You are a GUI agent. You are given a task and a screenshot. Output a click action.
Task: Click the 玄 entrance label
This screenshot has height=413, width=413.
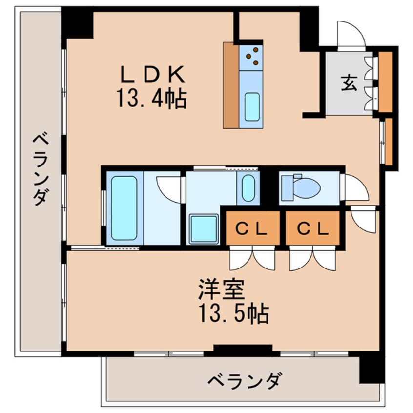click(x=349, y=83)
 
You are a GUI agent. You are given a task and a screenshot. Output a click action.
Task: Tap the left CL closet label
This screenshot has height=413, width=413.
click(x=252, y=228)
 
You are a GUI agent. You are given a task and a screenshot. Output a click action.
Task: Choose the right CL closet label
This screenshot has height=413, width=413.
click(x=312, y=228)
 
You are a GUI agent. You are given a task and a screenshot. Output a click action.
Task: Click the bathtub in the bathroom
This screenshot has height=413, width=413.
click(x=124, y=207)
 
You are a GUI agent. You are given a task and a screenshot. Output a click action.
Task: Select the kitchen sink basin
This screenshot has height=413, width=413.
click(x=252, y=106)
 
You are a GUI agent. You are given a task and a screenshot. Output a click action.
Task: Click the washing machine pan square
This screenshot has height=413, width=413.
click(x=204, y=228)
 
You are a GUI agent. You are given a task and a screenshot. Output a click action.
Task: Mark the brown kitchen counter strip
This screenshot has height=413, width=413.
click(x=230, y=85)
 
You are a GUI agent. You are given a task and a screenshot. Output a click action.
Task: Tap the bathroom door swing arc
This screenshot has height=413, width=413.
click(x=168, y=188)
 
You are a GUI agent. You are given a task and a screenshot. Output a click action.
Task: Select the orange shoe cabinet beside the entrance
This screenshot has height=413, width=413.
click(x=386, y=82)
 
